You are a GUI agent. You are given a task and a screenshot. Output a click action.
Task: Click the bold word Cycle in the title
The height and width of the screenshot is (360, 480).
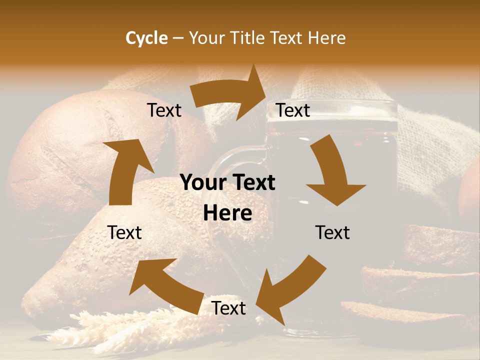(146, 38)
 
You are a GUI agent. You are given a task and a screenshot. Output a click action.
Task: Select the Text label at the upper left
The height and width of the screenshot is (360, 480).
(164, 110)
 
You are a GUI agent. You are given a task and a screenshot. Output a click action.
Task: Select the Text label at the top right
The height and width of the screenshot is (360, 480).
(293, 110)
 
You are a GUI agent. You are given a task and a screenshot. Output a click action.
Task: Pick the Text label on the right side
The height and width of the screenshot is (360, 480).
(332, 232)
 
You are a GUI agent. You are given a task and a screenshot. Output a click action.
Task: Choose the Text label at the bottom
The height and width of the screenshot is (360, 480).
(228, 308)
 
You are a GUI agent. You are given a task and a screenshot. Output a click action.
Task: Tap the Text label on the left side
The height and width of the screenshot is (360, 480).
(124, 232)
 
